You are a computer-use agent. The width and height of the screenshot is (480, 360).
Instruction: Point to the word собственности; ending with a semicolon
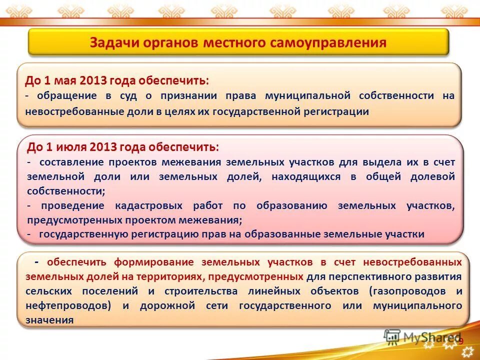[x=66, y=191]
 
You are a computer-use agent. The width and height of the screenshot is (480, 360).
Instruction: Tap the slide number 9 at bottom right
[x=461, y=341]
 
